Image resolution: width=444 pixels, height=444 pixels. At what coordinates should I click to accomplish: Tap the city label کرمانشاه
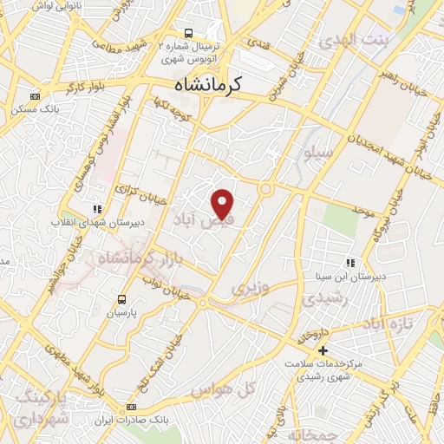[208, 86]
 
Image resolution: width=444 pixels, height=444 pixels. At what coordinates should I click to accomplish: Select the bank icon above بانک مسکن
[35, 96]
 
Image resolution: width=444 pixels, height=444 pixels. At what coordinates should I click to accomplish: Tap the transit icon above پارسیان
[122, 299]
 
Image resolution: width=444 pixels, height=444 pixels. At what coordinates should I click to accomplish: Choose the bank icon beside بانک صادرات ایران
[130, 408]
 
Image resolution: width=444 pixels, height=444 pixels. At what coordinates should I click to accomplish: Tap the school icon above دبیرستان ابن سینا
[350, 263]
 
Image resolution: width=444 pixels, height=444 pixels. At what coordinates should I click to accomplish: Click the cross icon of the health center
[323, 351]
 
